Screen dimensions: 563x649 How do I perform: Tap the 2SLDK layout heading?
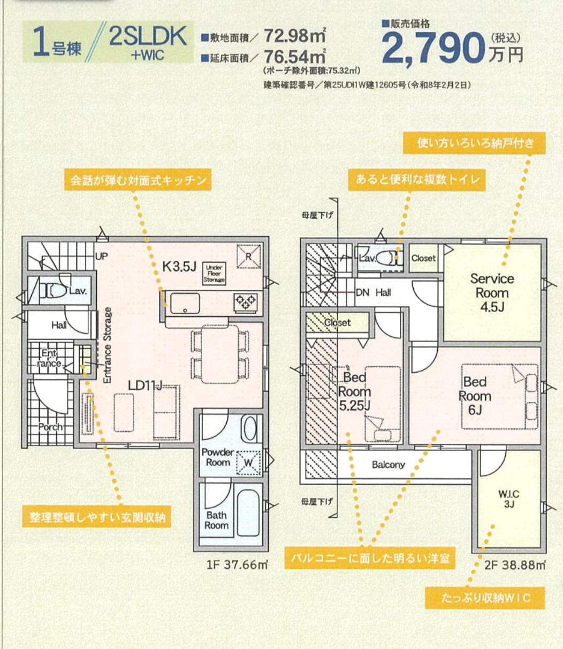(148, 37)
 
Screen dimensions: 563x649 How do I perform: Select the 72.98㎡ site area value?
(294, 35)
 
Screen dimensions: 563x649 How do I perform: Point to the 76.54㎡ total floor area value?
(294, 57)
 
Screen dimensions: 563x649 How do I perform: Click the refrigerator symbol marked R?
(249, 257)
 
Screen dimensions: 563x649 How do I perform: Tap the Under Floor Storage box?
(214, 274)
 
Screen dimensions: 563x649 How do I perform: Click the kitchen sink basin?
(185, 303)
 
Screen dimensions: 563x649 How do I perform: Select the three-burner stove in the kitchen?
(246, 302)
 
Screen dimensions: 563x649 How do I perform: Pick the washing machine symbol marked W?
(248, 463)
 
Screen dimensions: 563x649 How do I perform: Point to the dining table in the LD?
(220, 354)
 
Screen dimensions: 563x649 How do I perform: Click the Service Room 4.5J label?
(492, 293)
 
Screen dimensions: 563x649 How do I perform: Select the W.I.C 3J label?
(508, 499)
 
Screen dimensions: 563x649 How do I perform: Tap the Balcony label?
(388, 465)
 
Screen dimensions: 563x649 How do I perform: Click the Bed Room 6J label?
(475, 396)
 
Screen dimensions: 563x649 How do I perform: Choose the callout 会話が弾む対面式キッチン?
(138, 180)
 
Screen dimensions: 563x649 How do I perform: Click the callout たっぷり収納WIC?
(485, 598)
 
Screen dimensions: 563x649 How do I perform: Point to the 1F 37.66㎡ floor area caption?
(237, 566)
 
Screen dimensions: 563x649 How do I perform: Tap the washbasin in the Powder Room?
(250, 428)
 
